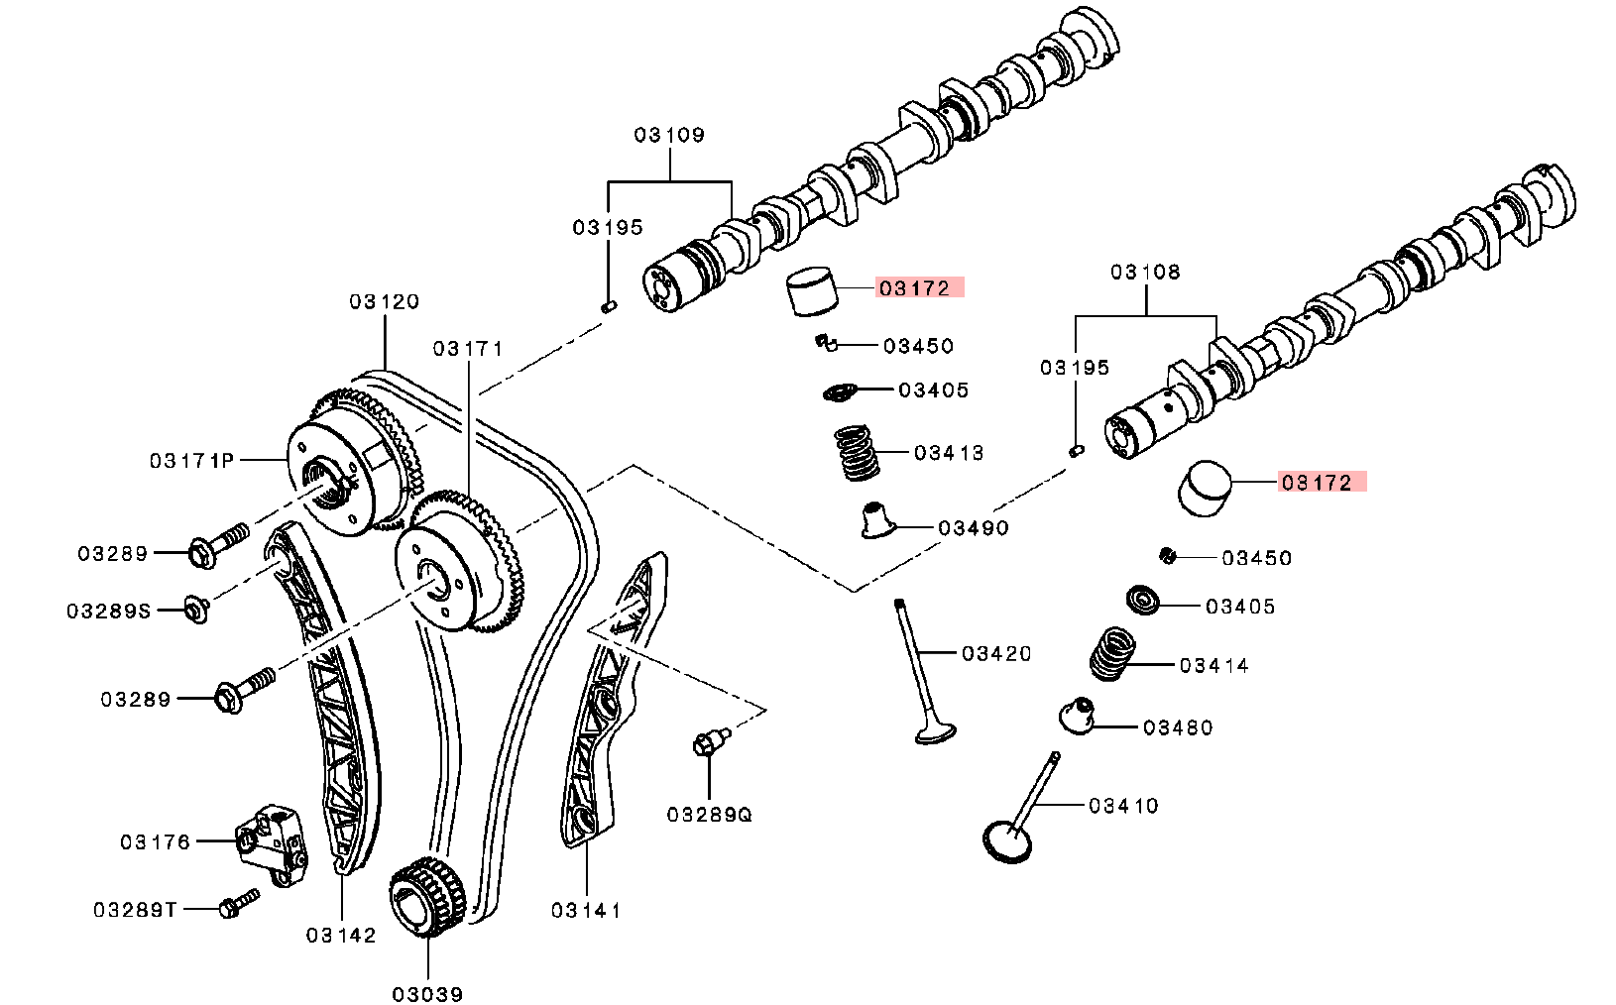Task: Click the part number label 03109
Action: click(x=669, y=135)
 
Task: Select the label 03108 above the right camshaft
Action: click(x=1145, y=272)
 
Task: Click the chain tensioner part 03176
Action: click(x=270, y=843)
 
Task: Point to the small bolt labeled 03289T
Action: click(x=238, y=904)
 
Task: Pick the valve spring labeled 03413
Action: click(x=857, y=453)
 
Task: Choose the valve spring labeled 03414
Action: click(x=1113, y=654)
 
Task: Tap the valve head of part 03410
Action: click(x=1007, y=840)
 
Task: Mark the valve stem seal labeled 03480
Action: click(x=1077, y=715)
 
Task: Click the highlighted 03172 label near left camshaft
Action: click(x=915, y=288)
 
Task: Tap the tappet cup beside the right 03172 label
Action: click(x=1204, y=488)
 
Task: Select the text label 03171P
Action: click(x=191, y=461)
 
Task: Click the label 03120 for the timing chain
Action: click(x=384, y=301)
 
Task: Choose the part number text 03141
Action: click(x=585, y=910)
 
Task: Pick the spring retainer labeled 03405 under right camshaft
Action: click(x=1144, y=600)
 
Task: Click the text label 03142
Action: click(x=340, y=935)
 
